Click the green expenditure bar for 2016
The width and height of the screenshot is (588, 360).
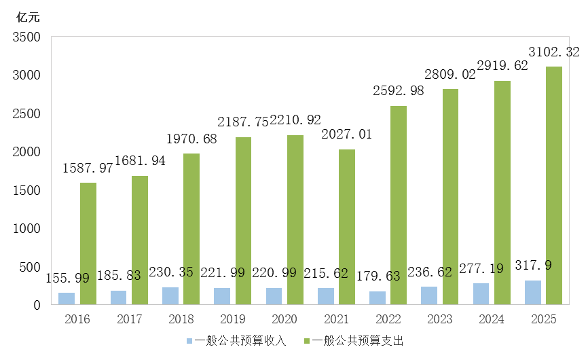point(88,243)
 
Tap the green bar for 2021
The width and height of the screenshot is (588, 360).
point(347,227)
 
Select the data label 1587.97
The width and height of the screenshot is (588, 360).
point(88,168)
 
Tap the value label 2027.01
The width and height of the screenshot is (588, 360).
point(347,134)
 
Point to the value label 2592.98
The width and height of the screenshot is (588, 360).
point(399,91)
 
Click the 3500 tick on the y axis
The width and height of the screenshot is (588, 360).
point(26,37)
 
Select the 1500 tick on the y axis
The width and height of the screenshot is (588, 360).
point(26,190)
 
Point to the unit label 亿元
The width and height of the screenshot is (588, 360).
point(29,18)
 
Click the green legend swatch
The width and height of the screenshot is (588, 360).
point(307,340)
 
